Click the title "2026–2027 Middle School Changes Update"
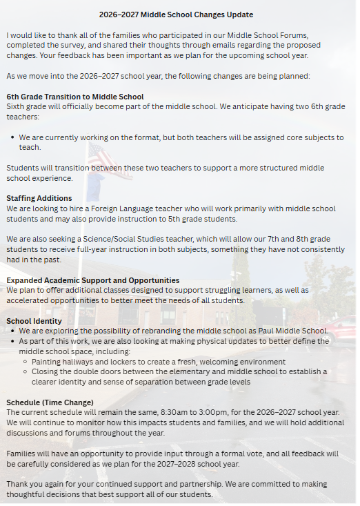coord(176,14)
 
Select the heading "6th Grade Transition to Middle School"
coord(75,97)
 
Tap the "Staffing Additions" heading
coord(39,198)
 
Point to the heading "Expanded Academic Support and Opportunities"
coord(93,280)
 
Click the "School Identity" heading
coord(34,321)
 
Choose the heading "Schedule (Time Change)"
coord(50,402)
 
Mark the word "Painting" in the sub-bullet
coord(50,362)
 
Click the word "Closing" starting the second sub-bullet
coord(49,371)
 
